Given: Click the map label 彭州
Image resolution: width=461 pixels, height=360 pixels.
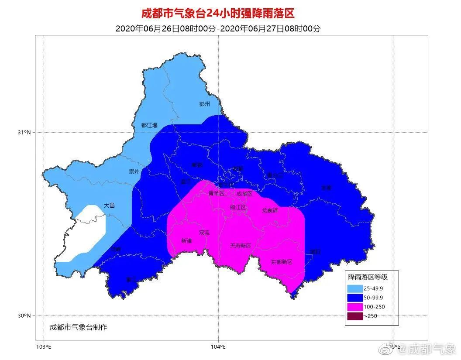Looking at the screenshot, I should tap(204, 104).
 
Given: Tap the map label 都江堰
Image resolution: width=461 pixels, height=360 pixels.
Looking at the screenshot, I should tap(150, 125).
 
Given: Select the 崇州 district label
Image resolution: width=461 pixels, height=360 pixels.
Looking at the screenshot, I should tap(134, 171).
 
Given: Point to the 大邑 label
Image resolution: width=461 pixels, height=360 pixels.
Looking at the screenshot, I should tap(109, 205).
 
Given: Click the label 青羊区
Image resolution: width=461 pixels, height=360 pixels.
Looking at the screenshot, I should tap(216, 193).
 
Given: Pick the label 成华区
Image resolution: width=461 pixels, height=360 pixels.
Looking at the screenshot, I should tap(244, 193).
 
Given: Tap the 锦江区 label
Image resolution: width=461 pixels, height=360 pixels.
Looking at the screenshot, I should tap(238, 207).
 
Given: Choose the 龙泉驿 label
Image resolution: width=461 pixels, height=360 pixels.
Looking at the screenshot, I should tap(270, 210).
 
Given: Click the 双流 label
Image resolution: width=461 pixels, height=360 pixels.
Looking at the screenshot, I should tap(204, 233).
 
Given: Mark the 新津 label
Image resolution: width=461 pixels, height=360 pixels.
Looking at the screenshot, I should tap(186, 241).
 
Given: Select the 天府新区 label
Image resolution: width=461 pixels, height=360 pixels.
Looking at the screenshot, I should tap(241, 246).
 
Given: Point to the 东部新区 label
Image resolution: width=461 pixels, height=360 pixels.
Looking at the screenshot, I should tap(281, 262).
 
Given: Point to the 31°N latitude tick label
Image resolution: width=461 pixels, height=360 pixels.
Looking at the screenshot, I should tap(24, 132).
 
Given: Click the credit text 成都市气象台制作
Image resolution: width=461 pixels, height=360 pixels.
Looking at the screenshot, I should tap(78, 327).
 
